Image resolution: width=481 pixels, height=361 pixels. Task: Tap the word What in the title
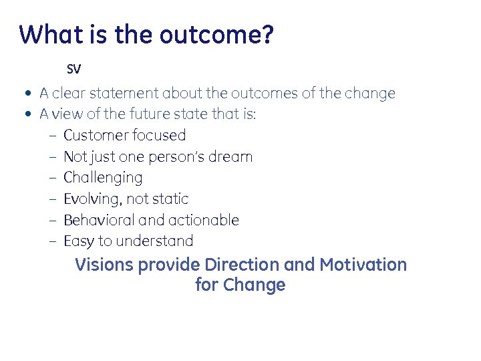(x=47, y=34)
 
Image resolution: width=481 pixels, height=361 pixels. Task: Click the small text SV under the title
(x=73, y=69)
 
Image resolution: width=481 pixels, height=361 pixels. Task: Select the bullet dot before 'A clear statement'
(x=25, y=94)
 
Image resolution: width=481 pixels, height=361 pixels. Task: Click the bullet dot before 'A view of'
(x=25, y=114)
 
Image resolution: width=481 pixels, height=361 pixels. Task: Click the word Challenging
(x=103, y=178)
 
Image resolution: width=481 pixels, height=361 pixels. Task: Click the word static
(x=172, y=199)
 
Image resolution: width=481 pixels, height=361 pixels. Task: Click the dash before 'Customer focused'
(x=52, y=136)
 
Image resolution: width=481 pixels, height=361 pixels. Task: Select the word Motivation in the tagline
(x=363, y=265)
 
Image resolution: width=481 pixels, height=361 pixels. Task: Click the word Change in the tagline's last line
(x=255, y=285)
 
